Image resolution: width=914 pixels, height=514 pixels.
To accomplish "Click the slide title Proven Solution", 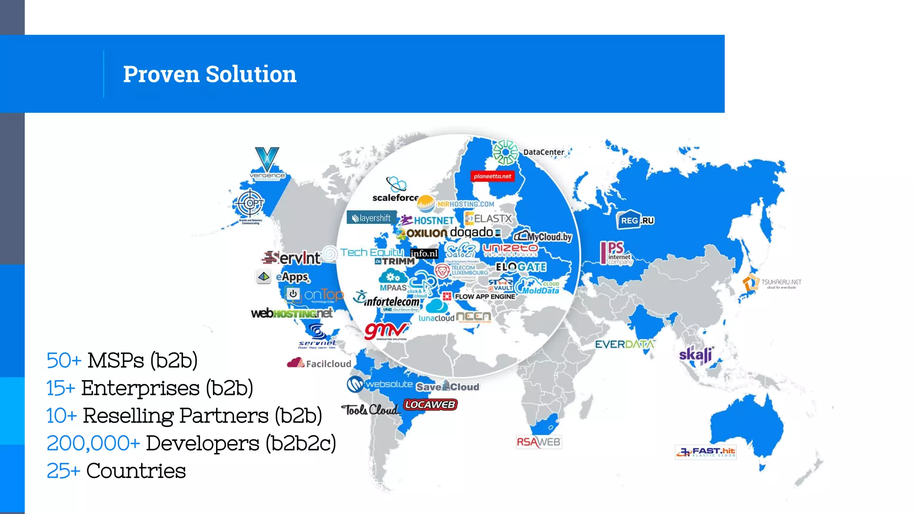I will (209, 74).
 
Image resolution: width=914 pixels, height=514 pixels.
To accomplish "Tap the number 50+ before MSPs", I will (64, 361).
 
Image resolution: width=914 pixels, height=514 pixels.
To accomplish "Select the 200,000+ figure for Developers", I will (93, 444).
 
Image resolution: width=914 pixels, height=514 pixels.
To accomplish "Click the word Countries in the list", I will (136, 471).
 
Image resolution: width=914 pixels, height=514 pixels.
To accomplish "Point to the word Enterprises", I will (140, 388).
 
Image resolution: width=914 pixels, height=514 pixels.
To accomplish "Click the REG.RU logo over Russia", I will (636, 220).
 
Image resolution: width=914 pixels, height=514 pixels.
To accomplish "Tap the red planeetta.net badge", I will (492, 176).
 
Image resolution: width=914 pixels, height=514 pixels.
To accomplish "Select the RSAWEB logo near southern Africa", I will (538, 442).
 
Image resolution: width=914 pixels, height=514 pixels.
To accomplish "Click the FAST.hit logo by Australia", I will (705, 452).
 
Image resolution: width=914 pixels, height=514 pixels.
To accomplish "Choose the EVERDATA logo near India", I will (624, 344).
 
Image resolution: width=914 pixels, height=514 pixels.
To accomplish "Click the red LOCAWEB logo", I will (430, 405).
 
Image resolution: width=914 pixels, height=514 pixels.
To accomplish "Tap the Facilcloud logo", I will (319, 363).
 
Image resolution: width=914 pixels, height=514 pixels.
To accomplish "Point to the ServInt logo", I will (292, 257).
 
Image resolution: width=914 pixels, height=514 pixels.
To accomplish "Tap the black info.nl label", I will (424, 253).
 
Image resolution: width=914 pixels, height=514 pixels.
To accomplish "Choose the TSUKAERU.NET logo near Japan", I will (772, 283).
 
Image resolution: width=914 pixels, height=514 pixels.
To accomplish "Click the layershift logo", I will (371, 218).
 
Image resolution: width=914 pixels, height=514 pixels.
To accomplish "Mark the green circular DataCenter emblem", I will (505, 152).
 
